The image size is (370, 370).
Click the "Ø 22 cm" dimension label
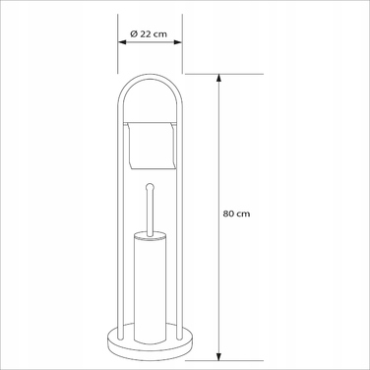tap(149, 33)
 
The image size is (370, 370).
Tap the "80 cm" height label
tap(236, 214)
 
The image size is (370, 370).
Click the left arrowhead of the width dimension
tap(122, 42)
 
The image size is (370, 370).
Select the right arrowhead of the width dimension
tap(178, 42)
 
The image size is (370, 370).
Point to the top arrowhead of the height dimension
tap(219, 79)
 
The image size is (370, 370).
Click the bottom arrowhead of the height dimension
tap(219, 356)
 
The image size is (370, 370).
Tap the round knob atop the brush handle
tap(150, 187)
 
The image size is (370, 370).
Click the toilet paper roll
tap(152, 146)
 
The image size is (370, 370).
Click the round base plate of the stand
tap(150, 342)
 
